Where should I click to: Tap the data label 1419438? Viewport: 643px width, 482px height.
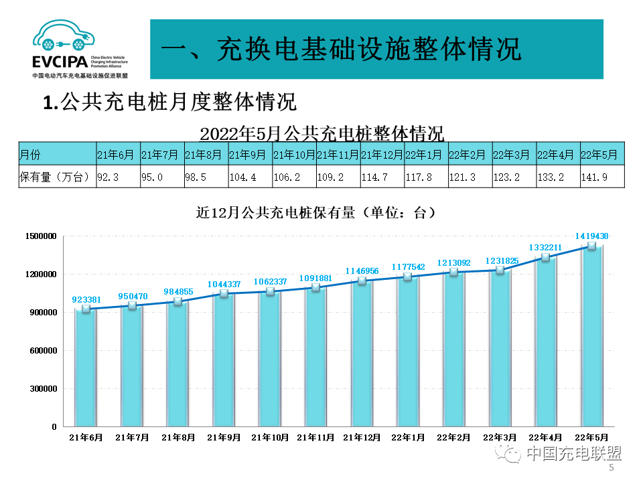click(x=591, y=236)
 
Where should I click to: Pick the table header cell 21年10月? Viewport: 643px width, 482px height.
click(x=294, y=155)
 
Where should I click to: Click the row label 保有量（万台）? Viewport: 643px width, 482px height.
click(x=55, y=177)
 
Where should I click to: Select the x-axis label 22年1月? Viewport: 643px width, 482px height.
click(x=407, y=437)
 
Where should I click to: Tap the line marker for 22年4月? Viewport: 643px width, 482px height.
click(x=545, y=257)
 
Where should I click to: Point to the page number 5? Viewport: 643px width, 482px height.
click(x=611, y=468)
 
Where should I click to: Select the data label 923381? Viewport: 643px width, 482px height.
click(x=86, y=300)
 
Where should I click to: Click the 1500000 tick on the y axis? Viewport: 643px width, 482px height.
click(x=42, y=236)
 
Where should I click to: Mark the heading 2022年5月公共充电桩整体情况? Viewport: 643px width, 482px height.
click(x=321, y=133)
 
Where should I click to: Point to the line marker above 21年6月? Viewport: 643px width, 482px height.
click(x=86, y=309)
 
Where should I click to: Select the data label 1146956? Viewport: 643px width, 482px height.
click(x=362, y=270)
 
